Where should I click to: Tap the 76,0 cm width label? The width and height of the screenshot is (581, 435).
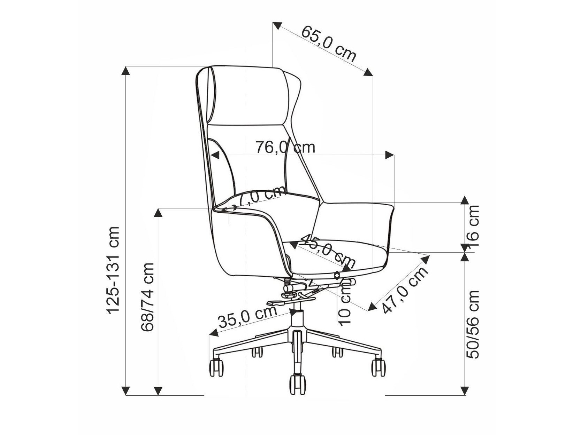click(285, 147)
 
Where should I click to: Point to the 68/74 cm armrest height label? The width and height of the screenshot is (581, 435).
click(147, 297)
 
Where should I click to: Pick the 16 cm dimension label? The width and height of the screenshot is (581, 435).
click(473, 226)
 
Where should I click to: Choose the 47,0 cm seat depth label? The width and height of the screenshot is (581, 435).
click(405, 290)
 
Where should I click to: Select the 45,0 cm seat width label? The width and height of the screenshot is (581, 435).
click(328, 250)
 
